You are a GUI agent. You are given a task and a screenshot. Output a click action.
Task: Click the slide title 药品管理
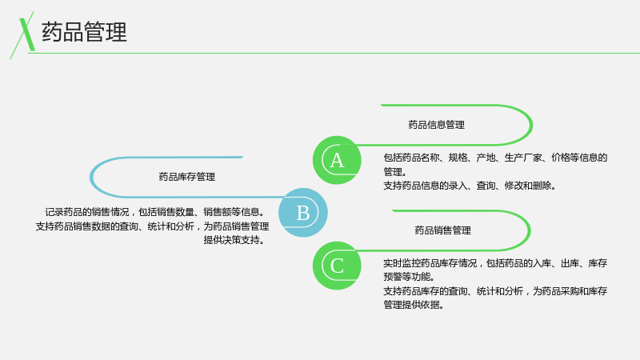[84, 32]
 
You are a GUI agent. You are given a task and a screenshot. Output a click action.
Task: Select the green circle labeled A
[337, 160]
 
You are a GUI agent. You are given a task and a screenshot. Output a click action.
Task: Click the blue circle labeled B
[303, 213]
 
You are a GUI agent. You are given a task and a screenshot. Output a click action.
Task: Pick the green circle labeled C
[337, 266]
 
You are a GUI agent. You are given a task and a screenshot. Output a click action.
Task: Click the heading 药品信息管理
[436, 125]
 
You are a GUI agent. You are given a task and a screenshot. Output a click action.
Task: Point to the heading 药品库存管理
[187, 177]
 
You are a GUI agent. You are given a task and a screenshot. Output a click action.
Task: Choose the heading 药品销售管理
[443, 230]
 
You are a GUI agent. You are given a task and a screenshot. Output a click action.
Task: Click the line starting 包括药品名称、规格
[495, 158]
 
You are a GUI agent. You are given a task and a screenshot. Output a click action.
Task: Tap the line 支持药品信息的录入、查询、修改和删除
[470, 186]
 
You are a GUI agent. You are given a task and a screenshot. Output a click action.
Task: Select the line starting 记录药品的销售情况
[155, 212]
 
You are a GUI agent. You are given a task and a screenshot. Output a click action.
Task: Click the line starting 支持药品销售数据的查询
[152, 226]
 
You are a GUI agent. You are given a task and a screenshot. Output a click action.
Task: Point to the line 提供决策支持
[234, 240]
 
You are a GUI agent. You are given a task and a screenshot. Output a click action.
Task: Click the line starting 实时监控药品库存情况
[495, 263]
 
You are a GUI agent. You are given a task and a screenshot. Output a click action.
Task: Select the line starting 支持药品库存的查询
[495, 291]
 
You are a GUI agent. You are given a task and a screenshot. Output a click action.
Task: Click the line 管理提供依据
[414, 305]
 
